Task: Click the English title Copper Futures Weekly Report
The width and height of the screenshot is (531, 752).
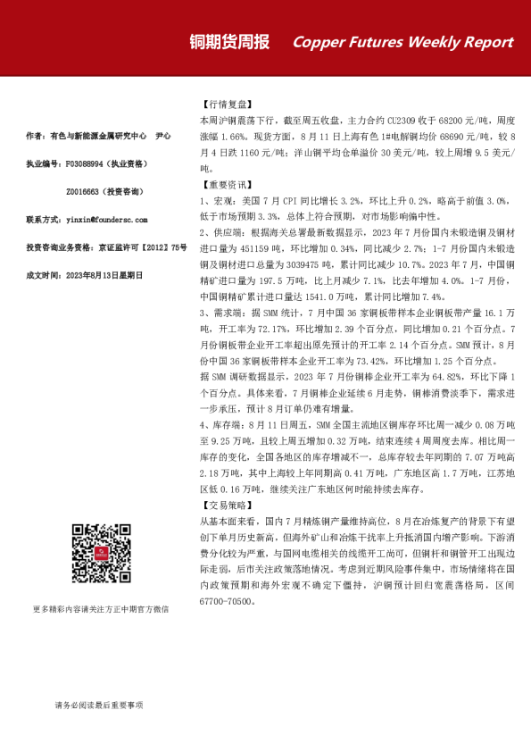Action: point(402,42)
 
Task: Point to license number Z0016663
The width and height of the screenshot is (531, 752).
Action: point(87,192)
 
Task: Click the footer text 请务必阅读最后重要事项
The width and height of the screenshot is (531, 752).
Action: point(98,706)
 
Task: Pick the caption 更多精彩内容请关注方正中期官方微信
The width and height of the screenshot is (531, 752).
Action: point(100,609)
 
